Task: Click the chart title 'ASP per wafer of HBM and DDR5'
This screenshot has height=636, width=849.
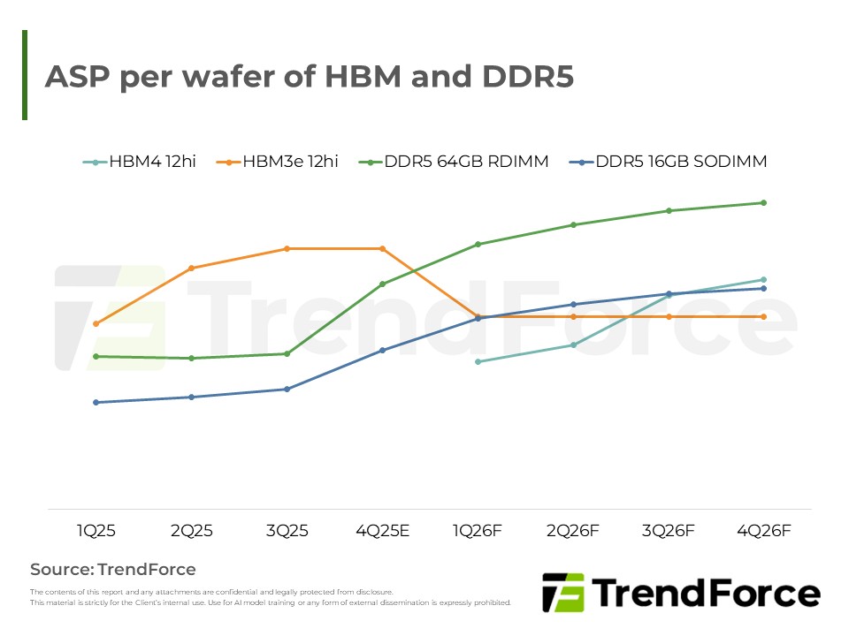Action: coord(310,77)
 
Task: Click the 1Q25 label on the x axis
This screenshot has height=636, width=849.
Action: coord(96,531)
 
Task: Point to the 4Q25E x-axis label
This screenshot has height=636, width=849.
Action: coord(382,531)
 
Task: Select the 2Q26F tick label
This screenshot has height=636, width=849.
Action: coord(573,531)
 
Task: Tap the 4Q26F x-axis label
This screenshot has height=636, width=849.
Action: coord(763,531)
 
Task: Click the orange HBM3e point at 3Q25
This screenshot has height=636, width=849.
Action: coord(287,249)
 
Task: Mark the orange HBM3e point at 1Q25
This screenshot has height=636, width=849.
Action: coord(96,324)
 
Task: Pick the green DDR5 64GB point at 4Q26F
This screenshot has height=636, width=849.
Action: coord(763,203)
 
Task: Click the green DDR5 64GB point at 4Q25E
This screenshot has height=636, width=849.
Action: coord(382,284)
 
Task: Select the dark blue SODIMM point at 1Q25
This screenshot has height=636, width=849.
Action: coord(96,403)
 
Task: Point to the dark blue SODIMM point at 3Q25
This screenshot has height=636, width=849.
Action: coord(287,390)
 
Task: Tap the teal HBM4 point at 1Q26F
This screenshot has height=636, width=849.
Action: coord(478,362)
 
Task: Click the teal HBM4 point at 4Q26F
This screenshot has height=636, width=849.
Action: coord(763,280)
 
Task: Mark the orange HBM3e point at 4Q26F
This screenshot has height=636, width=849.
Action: coord(763,316)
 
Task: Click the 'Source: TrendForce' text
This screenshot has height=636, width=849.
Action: coord(113,570)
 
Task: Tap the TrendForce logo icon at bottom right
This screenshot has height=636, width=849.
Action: coord(563,592)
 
